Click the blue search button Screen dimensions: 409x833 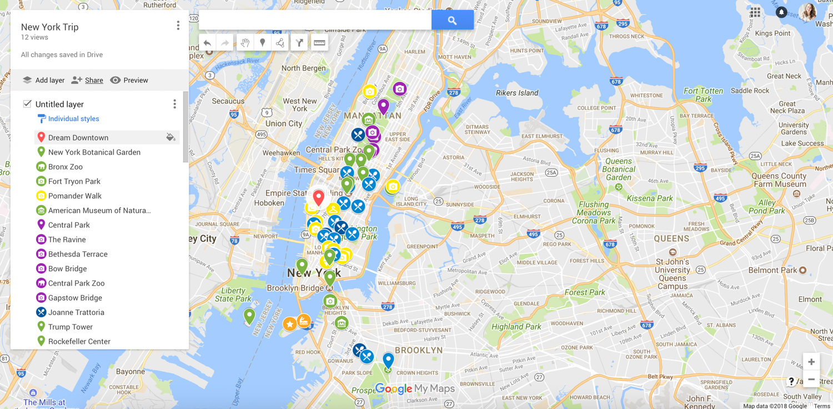(452, 20)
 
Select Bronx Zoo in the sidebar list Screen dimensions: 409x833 (65, 167)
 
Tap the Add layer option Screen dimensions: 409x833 (44, 80)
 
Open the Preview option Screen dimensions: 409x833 (129, 80)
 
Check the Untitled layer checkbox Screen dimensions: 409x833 (27, 104)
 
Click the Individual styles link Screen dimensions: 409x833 (73, 119)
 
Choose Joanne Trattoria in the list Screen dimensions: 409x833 (76, 312)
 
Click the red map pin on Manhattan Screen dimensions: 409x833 (318, 197)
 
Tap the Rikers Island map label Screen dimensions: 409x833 (517, 93)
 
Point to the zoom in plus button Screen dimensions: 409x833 (811, 362)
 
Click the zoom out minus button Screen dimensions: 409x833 (811, 380)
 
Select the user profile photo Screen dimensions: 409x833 (808, 12)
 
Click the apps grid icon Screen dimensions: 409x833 (755, 12)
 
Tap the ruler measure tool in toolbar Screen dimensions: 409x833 (319, 43)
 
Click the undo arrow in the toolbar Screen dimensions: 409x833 (207, 43)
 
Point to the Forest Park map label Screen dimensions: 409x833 (585, 292)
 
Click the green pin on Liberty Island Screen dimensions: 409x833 (250, 316)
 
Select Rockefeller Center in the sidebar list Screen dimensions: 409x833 (79, 341)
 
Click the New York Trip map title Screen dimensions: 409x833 (49, 27)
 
